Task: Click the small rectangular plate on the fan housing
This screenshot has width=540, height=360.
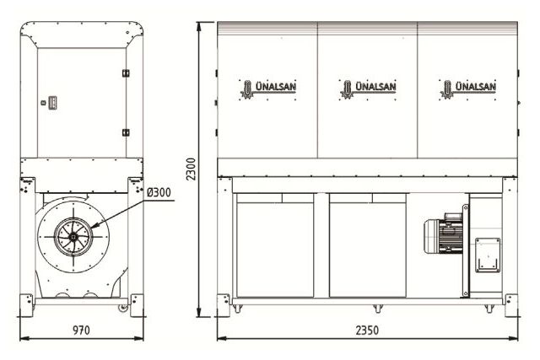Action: [x=487, y=253]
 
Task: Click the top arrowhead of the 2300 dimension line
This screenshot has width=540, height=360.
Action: [x=199, y=23]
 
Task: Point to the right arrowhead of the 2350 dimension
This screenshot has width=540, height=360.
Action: [x=516, y=338]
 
